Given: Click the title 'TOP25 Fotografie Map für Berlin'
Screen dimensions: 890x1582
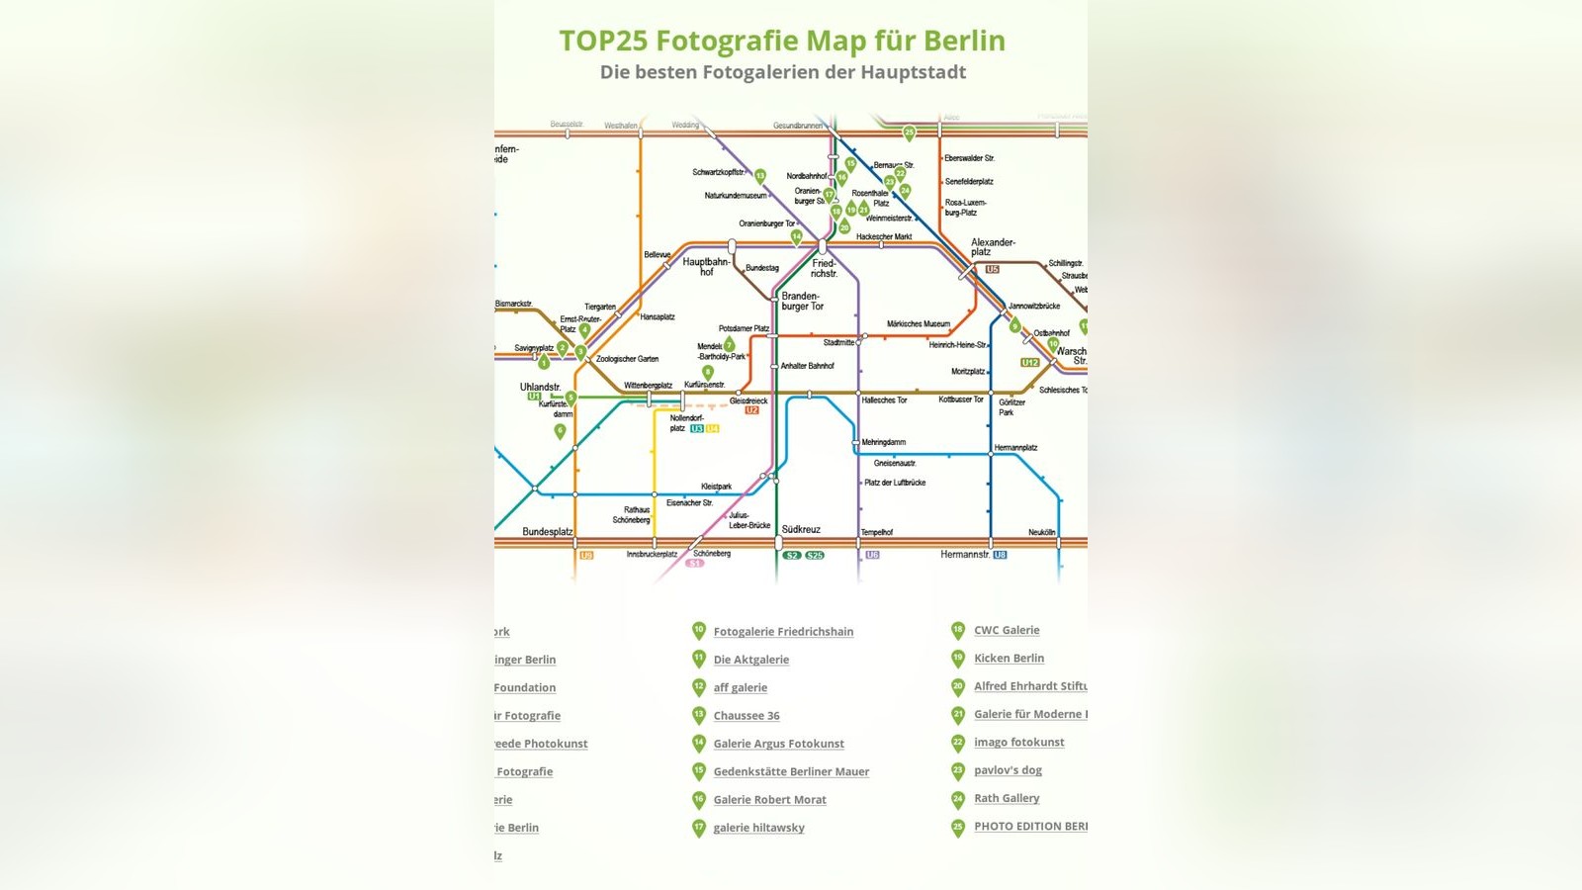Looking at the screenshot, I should click(x=782, y=41).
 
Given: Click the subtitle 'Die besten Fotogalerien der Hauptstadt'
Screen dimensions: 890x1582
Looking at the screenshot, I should click(x=782, y=72).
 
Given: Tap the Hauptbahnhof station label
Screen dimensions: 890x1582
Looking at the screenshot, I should click(x=706, y=266).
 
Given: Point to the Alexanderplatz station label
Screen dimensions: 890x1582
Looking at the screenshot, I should click(x=992, y=246).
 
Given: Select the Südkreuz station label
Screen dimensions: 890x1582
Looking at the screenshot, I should click(x=801, y=529).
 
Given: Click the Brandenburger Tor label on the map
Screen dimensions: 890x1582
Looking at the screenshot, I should click(x=802, y=301).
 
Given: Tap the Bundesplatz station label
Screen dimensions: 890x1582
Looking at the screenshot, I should click(x=547, y=532).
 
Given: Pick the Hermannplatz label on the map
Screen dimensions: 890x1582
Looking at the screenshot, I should click(x=1015, y=448).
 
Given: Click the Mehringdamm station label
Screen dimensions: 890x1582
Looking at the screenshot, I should click(x=883, y=442).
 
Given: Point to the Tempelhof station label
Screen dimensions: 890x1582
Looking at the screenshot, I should click(x=877, y=532).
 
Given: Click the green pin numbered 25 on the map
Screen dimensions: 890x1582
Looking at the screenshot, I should click(x=909, y=133).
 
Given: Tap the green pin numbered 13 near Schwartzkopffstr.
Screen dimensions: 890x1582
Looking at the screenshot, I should click(x=760, y=176).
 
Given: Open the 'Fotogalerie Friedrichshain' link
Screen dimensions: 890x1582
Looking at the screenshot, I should click(x=783, y=632).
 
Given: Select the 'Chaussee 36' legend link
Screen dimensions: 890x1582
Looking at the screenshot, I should click(x=747, y=716).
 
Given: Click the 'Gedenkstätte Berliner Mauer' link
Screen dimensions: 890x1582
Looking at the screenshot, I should click(x=791, y=772).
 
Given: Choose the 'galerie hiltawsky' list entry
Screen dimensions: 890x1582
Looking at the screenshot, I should click(x=758, y=828).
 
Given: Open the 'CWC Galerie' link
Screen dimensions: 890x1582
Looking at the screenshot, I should click(x=1007, y=630).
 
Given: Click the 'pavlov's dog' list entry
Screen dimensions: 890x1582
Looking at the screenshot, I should click(x=1008, y=770).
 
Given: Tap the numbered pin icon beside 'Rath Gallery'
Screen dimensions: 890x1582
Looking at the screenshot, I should click(x=957, y=799).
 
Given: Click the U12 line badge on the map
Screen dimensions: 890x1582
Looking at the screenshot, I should click(x=1030, y=363).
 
